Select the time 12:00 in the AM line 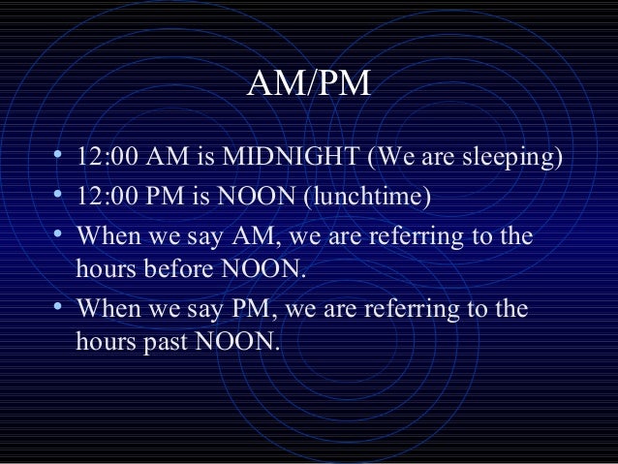click(107, 157)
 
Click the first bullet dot click(60, 156)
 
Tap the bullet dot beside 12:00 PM click(60, 196)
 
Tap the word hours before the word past click(105, 340)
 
